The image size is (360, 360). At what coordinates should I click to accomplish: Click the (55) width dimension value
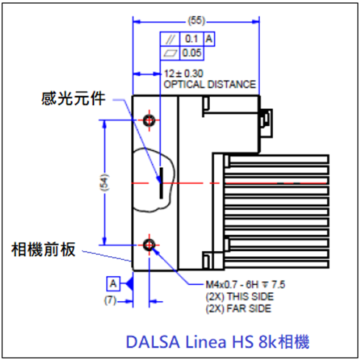(x=197, y=21)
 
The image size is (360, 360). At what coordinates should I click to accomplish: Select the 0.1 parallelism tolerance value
(x=191, y=39)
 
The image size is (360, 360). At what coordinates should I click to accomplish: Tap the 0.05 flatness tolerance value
(x=191, y=53)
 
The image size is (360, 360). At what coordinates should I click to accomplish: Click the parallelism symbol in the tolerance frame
(x=170, y=39)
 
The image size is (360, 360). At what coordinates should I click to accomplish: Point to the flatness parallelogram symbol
(x=170, y=53)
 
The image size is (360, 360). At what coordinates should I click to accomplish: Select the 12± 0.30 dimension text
(x=183, y=74)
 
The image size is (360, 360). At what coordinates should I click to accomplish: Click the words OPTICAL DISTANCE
(x=210, y=85)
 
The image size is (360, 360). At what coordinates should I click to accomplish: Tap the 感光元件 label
(x=73, y=99)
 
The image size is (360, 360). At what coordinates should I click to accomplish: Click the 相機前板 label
(x=43, y=250)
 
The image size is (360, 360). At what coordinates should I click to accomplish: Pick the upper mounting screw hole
(x=149, y=120)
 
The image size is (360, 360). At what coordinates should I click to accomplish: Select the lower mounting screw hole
(x=149, y=245)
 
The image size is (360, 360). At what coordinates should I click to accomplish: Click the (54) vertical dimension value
(x=105, y=183)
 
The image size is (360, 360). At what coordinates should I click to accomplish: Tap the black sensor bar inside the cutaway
(x=161, y=183)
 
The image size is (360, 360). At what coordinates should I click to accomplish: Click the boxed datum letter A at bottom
(x=113, y=283)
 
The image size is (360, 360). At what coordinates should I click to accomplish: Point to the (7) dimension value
(x=110, y=300)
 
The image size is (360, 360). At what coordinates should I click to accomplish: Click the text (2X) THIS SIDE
(x=239, y=297)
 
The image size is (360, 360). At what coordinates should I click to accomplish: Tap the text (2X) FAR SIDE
(x=239, y=308)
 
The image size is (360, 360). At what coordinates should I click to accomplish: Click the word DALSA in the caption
(x=152, y=342)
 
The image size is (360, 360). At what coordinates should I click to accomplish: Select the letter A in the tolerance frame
(x=209, y=39)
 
